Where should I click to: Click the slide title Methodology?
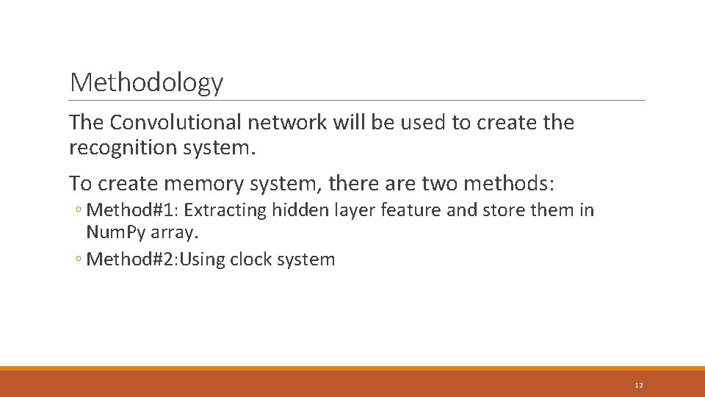(146, 82)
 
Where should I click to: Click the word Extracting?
(225, 210)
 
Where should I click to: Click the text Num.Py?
(116, 232)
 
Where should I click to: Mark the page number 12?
(638, 385)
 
